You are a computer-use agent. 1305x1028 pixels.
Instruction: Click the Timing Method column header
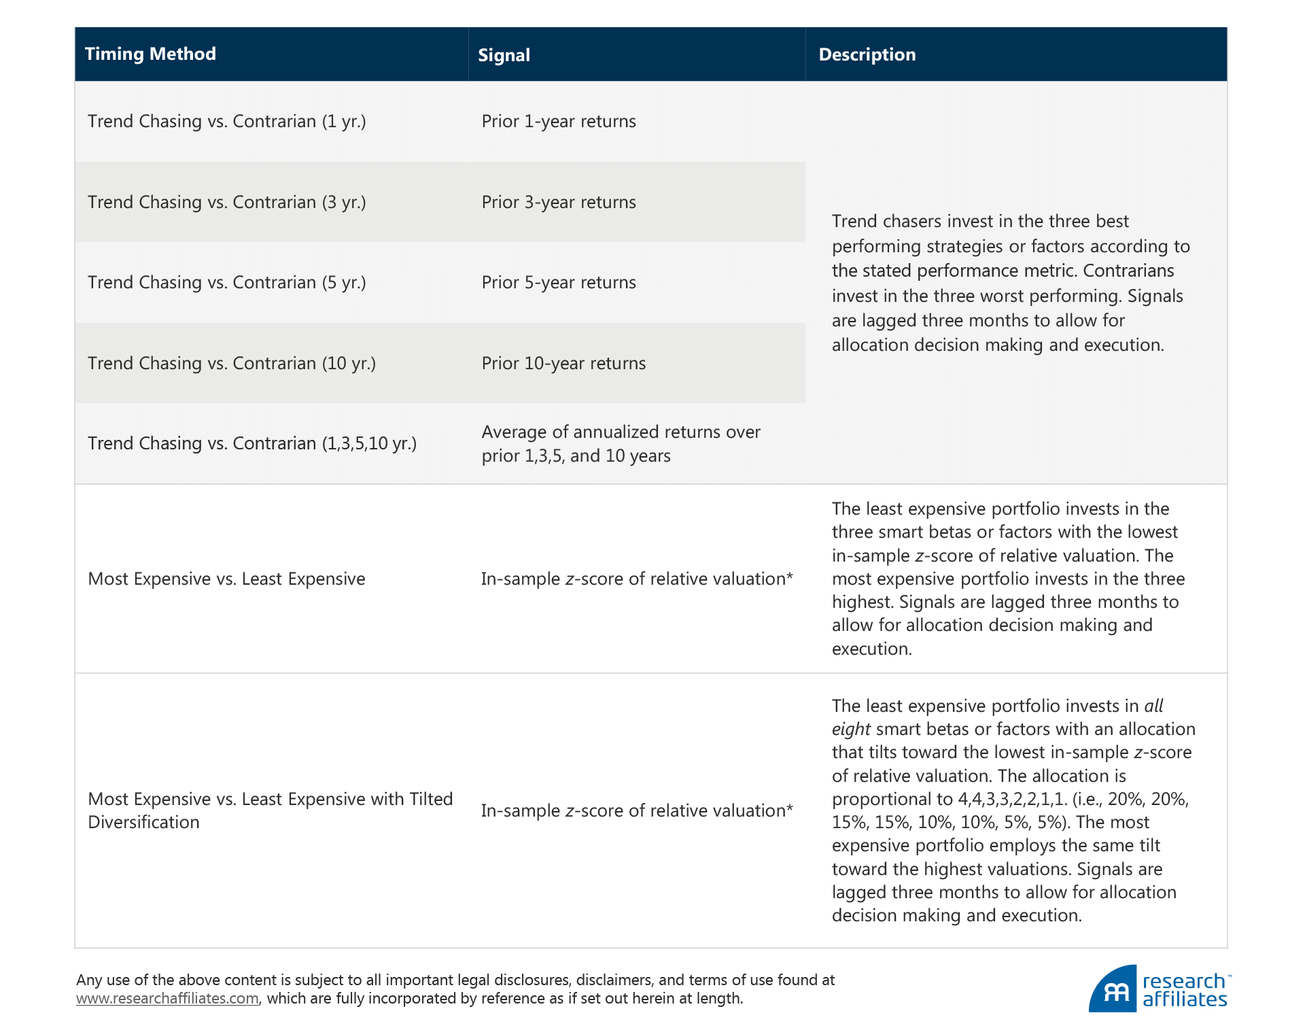pyautogui.click(x=150, y=54)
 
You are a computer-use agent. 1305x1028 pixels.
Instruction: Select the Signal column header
pyautogui.click(x=504, y=55)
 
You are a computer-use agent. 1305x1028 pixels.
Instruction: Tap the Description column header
pyautogui.click(x=867, y=55)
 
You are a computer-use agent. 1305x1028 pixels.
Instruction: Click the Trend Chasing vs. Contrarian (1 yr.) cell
pyautogui.click(x=226, y=122)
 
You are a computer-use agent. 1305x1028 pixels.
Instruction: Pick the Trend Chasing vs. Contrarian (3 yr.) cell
pyautogui.click(x=226, y=203)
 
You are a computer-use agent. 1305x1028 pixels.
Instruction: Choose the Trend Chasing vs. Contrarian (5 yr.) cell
pyautogui.click(x=226, y=283)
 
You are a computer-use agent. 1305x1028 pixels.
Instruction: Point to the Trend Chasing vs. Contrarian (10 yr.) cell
pyautogui.click(x=231, y=364)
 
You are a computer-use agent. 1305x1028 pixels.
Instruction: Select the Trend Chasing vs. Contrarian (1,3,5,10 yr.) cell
pyautogui.click(x=251, y=444)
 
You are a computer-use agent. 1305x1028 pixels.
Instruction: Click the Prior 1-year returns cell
pyautogui.click(x=558, y=122)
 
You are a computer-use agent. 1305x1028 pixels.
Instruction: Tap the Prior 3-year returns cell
pyautogui.click(x=558, y=203)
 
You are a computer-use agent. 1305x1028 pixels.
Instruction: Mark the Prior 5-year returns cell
pyautogui.click(x=558, y=283)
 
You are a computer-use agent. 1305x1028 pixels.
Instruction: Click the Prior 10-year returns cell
pyautogui.click(x=563, y=364)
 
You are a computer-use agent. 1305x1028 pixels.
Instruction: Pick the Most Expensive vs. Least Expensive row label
pyautogui.click(x=226, y=579)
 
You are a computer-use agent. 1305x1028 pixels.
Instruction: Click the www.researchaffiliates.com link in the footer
pyautogui.click(x=167, y=999)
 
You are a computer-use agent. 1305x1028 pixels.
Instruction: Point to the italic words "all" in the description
pyautogui.click(x=1153, y=706)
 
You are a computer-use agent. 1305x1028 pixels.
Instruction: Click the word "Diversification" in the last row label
pyautogui.click(x=143, y=823)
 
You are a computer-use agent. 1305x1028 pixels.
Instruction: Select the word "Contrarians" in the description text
pyautogui.click(x=1128, y=271)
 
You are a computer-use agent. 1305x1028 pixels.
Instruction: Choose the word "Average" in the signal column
pyautogui.click(x=514, y=432)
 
